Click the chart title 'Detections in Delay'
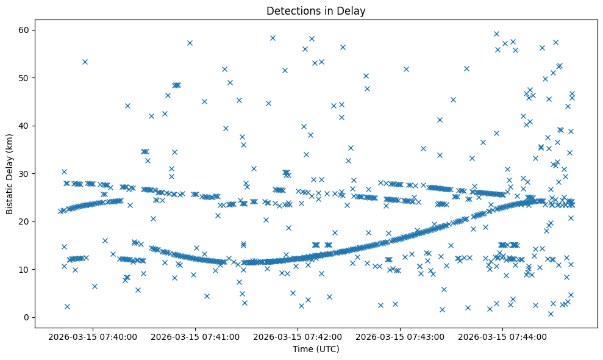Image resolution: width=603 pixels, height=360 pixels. click(x=316, y=10)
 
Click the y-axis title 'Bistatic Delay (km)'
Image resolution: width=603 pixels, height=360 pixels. click(x=9, y=173)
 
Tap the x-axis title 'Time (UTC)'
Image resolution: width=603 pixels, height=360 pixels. click(x=316, y=350)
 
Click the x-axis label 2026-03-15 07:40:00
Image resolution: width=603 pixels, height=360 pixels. click(x=93, y=336)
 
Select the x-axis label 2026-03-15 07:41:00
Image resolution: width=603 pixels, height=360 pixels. click(x=196, y=336)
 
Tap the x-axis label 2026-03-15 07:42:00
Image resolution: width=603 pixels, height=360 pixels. click(x=298, y=336)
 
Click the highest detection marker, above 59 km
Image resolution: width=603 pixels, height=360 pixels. click(x=496, y=34)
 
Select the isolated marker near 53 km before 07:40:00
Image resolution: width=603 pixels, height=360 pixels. click(x=85, y=62)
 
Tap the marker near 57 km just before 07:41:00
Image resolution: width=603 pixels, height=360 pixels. click(x=190, y=43)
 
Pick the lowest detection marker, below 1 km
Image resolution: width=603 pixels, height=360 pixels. click(x=550, y=314)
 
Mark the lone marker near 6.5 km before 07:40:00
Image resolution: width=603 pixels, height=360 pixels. click(x=95, y=286)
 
